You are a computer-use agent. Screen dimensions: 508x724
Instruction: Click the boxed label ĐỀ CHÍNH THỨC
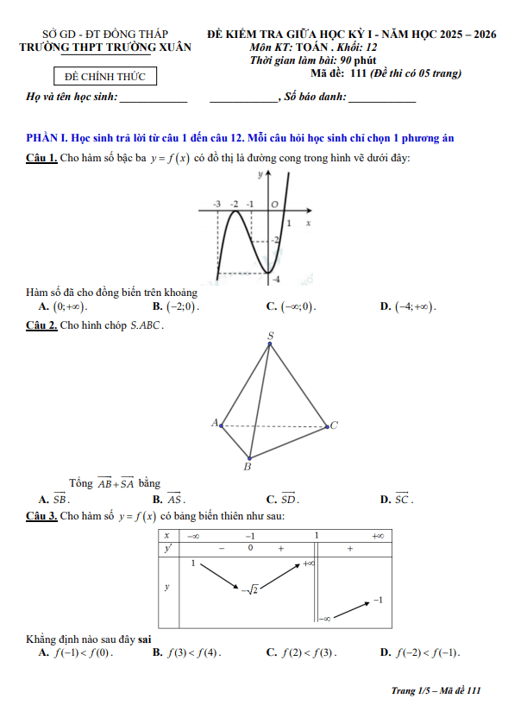[100, 77]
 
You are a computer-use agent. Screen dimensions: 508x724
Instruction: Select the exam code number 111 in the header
[360, 73]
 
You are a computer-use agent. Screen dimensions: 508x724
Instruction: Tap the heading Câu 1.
[42, 157]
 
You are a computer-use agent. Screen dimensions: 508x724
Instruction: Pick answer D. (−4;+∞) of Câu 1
[409, 306]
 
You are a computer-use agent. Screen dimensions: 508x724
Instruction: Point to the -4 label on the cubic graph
[275, 280]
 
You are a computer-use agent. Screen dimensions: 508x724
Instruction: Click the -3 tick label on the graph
[216, 204]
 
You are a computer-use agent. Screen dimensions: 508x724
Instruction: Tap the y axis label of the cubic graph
[260, 174]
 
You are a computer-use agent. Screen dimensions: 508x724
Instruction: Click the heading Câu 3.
[42, 516]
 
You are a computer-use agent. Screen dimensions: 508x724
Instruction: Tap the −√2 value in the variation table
[251, 590]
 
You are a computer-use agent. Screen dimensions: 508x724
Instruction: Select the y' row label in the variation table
[167, 548]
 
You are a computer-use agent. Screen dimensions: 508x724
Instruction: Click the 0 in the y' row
[250, 548]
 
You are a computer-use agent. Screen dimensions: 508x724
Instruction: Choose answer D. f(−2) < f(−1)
[420, 652]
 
